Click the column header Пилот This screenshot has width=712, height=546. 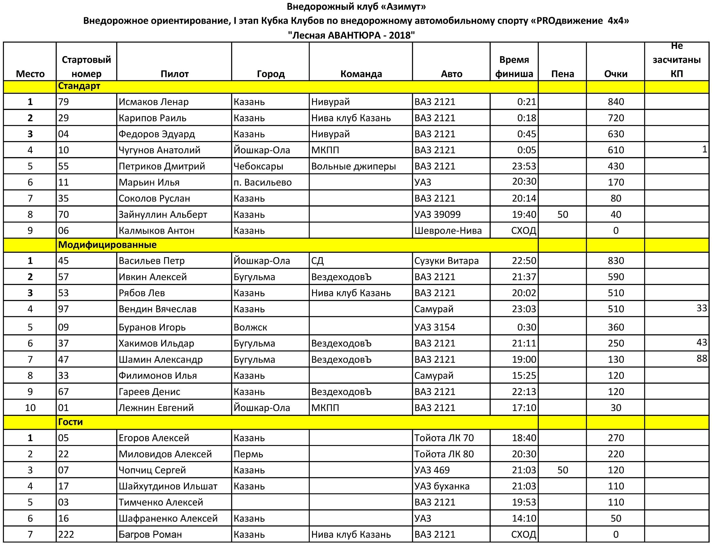click(174, 74)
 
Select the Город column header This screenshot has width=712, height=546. click(271, 74)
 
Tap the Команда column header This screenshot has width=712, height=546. click(361, 74)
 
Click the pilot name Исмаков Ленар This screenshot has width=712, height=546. click(153, 102)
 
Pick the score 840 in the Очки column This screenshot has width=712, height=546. click(616, 102)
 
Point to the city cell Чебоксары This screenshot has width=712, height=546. click(258, 166)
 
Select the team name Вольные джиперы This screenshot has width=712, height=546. click(354, 166)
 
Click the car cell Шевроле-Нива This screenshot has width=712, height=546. click(448, 230)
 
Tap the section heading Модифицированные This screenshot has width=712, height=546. click(107, 245)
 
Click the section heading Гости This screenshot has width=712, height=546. click(70, 422)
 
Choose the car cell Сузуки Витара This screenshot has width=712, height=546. click(446, 261)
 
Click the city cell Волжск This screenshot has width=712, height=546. click(250, 327)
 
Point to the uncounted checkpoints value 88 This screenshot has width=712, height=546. click(702, 358)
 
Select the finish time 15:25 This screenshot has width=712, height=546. click(524, 375)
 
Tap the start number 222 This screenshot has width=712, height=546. click(66, 534)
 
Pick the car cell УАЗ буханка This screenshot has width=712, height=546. click(442, 486)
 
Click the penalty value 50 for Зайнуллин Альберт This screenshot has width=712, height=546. click(562, 214)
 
